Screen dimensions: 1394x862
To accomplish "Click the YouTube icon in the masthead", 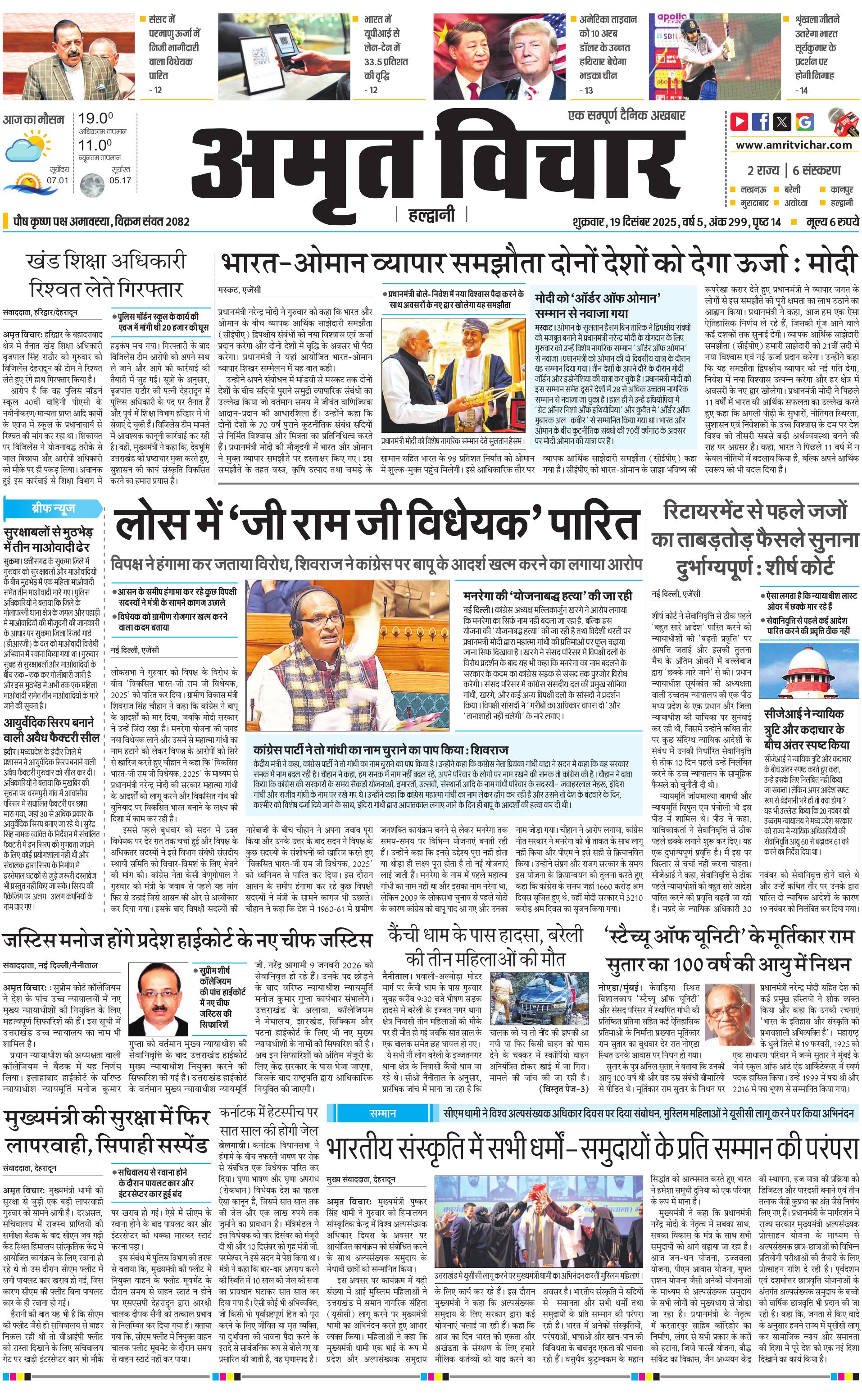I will pos(739,122).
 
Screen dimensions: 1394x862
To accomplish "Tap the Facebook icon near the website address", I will pos(761,122).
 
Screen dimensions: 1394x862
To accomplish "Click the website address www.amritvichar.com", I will pos(794,145).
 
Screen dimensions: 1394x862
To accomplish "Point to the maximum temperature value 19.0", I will pos(96,118).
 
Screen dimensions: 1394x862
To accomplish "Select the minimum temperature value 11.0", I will pos(95,145).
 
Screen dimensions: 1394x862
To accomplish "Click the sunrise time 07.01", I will pos(57,180).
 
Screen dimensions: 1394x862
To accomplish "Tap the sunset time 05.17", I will pos(120,180).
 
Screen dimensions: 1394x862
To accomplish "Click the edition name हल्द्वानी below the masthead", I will pos(431,215).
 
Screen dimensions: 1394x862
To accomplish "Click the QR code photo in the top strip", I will pos(284,56).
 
